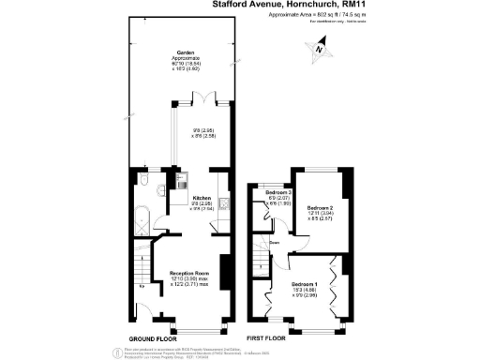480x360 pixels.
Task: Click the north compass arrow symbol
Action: [322, 49]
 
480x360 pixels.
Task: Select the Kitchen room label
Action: [202, 198]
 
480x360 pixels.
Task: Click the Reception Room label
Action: [188, 273]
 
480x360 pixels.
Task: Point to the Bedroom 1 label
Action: [303, 283]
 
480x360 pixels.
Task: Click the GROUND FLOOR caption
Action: [154, 338]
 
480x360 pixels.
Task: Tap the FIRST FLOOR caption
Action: [266, 338]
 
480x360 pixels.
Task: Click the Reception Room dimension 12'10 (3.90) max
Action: [188, 278]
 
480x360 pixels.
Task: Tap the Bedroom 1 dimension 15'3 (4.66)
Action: [303, 289]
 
